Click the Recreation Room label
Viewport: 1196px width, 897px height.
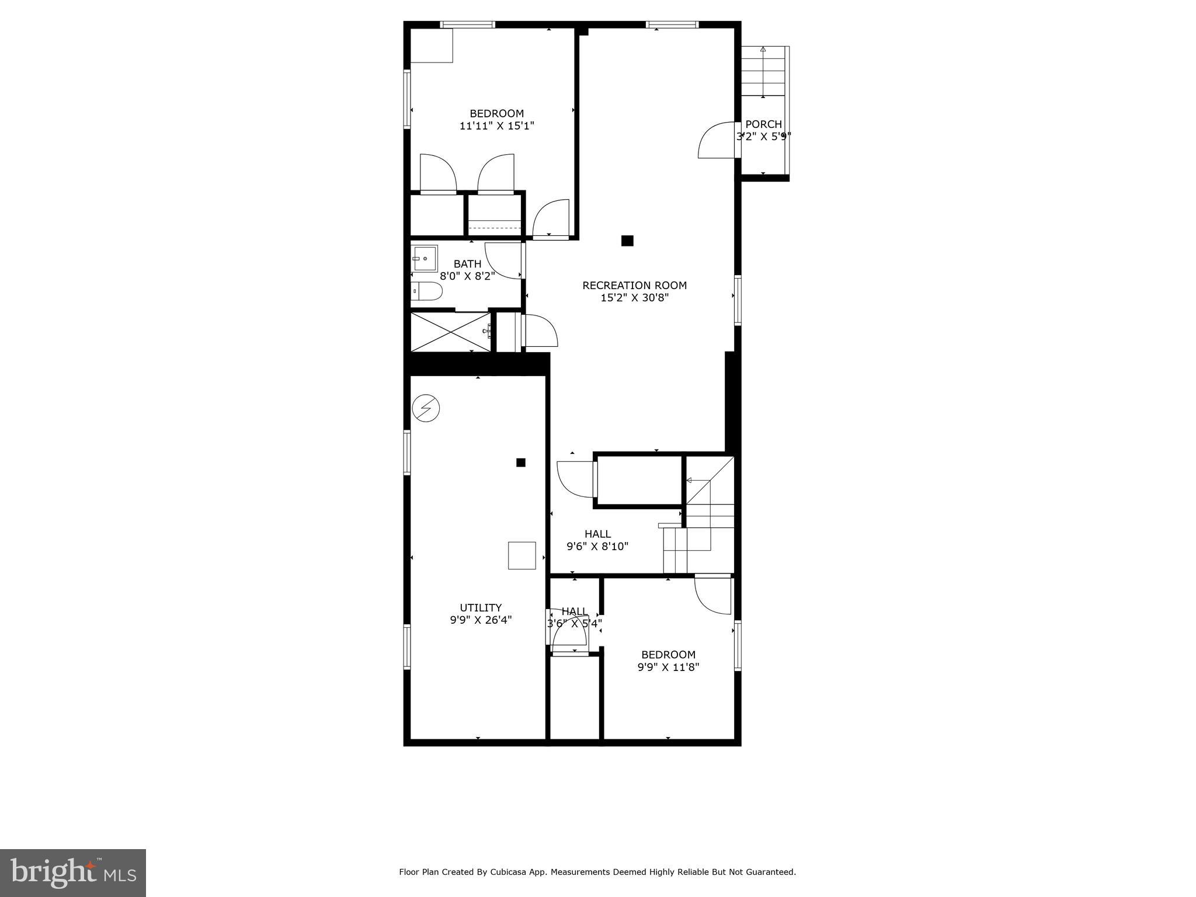[634, 286]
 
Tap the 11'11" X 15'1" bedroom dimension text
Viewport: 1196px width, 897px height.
[496, 126]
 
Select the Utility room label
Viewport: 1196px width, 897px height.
[480, 607]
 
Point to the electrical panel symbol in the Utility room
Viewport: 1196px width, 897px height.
[426, 408]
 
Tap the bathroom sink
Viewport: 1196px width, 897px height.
[425, 258]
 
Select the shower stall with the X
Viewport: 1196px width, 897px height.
[451, 332]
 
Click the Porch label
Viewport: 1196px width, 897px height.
[763, 124]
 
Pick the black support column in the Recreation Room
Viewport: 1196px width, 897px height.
[627, 241]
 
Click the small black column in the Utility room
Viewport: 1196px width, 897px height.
[521, 463]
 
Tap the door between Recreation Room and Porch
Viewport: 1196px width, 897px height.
[717, 140]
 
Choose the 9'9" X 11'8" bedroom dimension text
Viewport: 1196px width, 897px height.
[668, 667]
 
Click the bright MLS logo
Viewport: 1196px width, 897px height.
[73, 872]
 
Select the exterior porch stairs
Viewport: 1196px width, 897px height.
[763, 71]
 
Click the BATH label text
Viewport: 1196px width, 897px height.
[467, 264]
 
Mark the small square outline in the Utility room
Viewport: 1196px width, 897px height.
[521, 555]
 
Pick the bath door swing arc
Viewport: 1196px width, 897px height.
[503, 260]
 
